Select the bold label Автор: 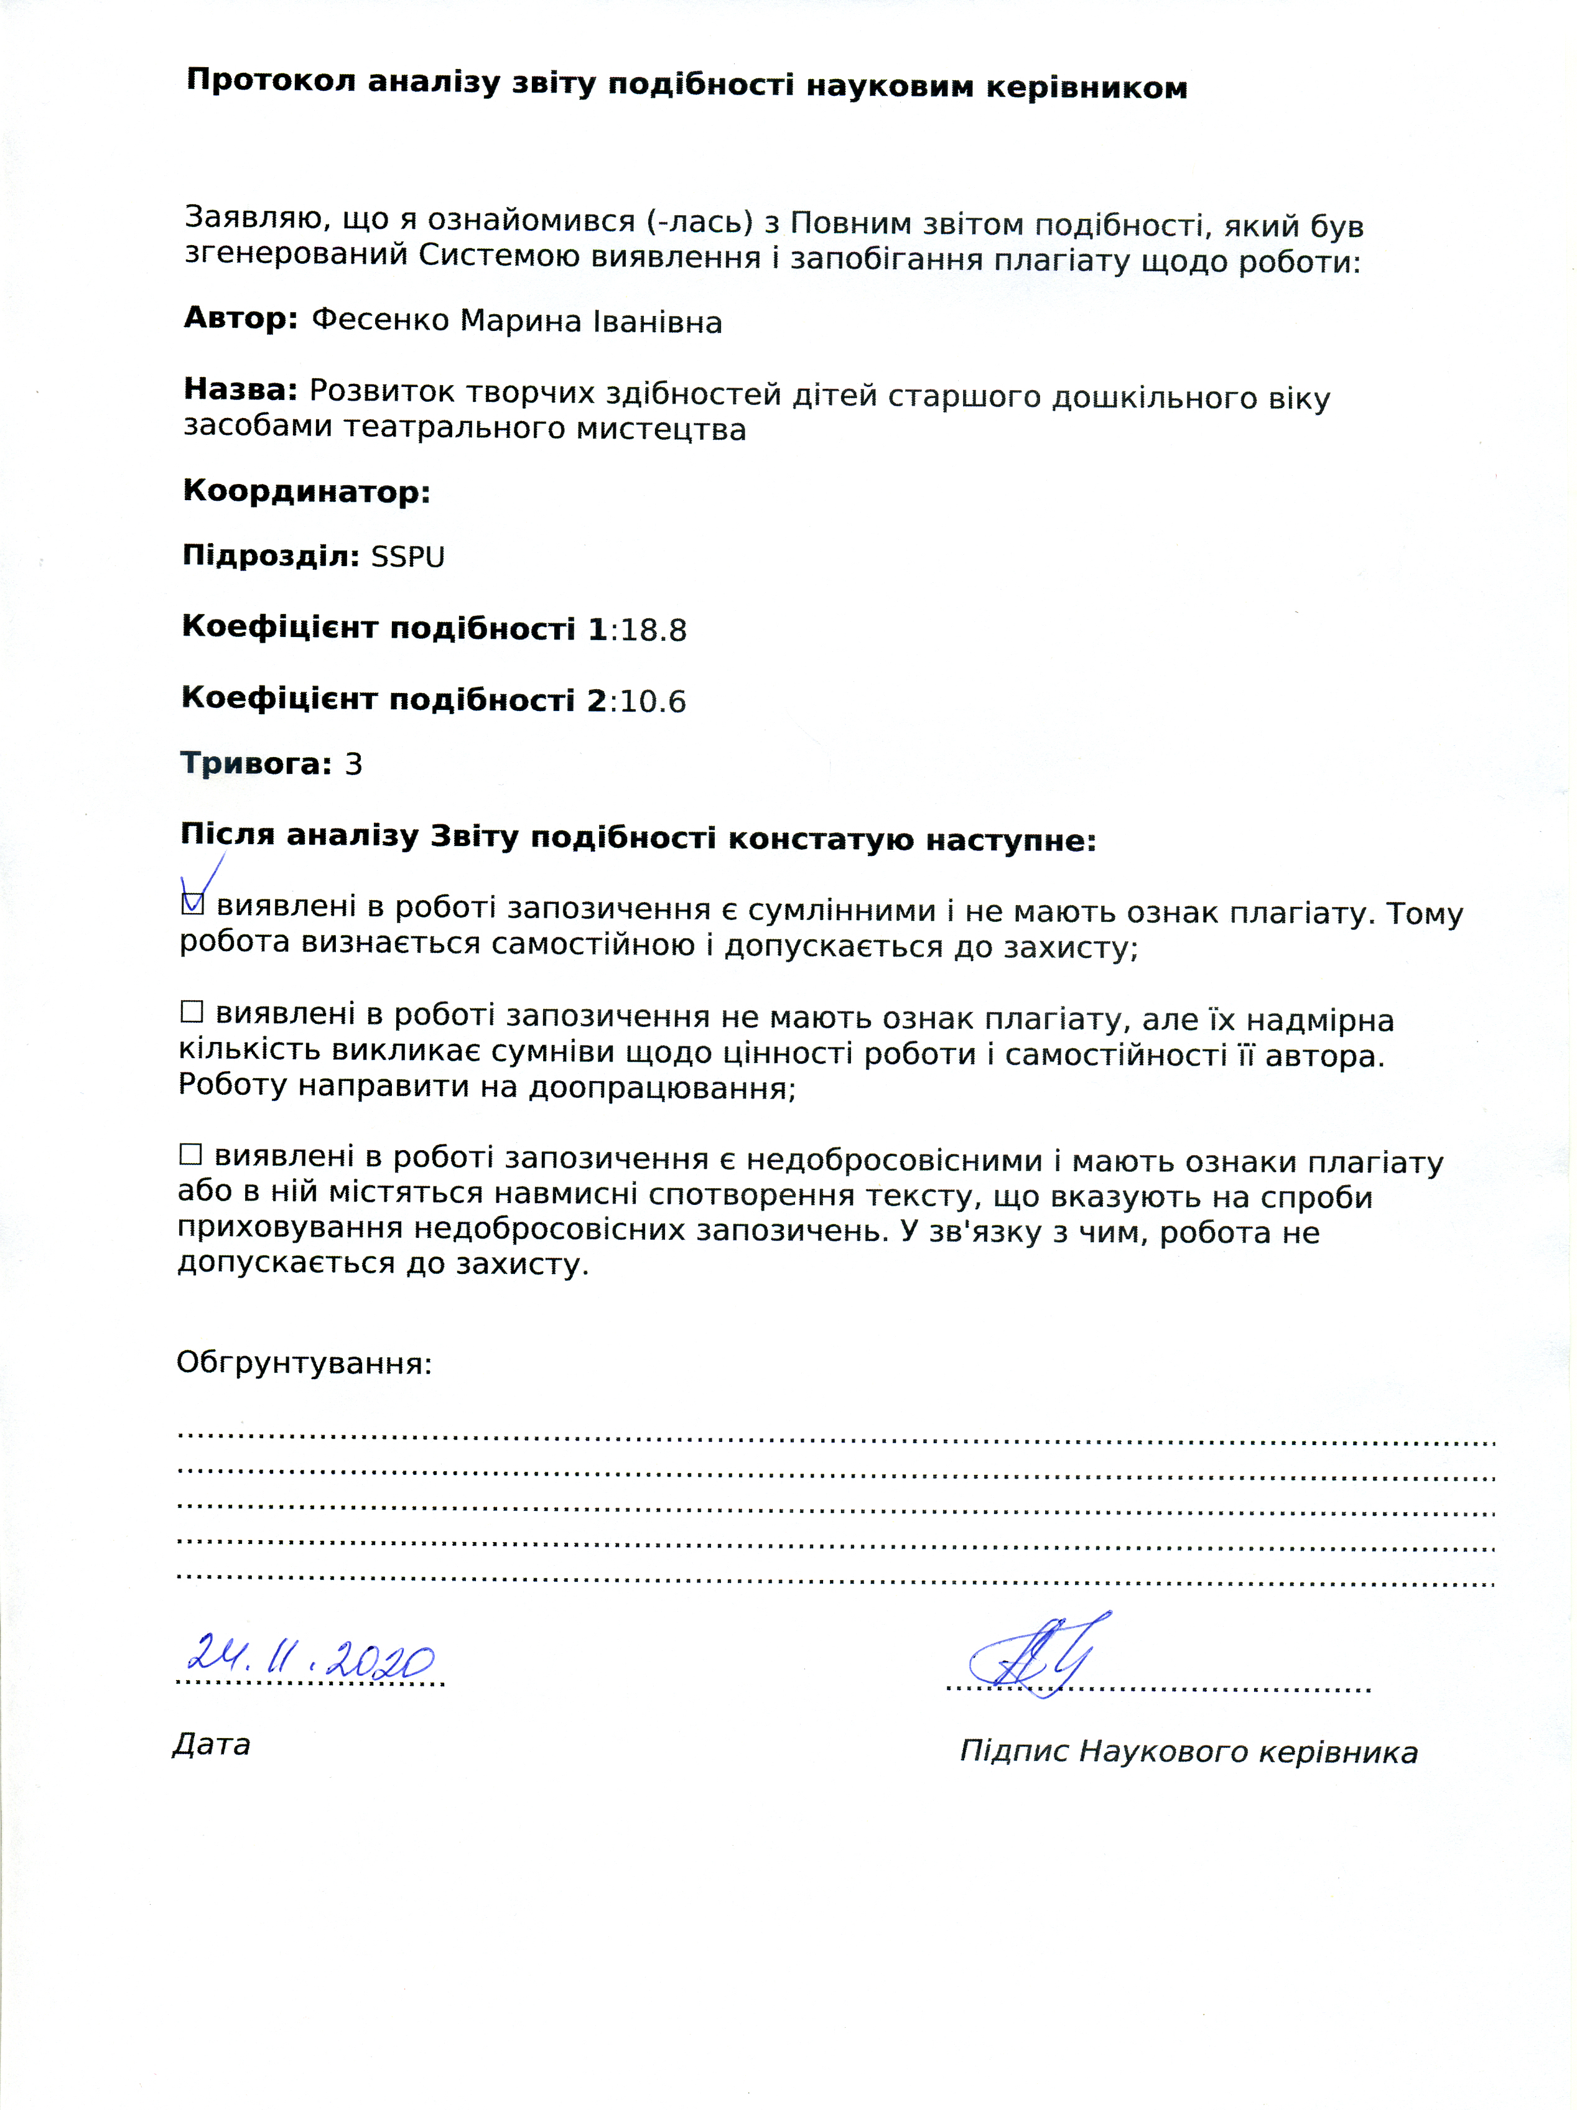pos(240,318)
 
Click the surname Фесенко pos(379,320)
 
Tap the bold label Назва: pos(240,389)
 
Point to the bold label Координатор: pos(306,491)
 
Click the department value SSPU pos(407,557)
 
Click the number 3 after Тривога pos(353,764)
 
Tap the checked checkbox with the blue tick pos(193,903)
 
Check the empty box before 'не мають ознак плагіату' pos(192,1011)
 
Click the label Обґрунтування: pos(304,1363)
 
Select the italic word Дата pos(212,1745)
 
